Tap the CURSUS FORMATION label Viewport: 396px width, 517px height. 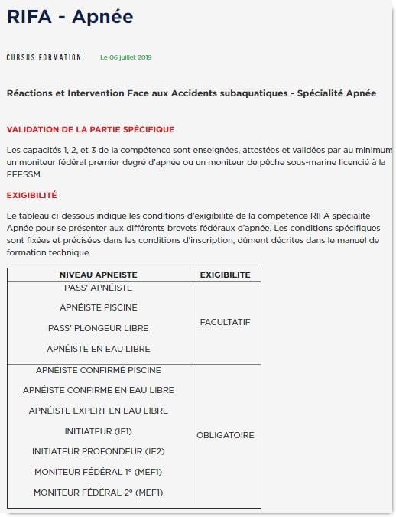coord(44,57)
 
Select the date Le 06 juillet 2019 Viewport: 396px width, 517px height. coord(126,57)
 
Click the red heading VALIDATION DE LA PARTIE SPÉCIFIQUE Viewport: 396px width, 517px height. coord(90,129)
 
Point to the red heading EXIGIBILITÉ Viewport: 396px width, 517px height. coord(31,195)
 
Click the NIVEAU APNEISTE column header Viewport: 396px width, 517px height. coord(98,275)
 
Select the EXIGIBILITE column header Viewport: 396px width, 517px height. coord(225,275)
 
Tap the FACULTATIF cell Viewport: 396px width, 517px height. coord(225,322)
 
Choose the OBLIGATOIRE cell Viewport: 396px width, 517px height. coord(225,435)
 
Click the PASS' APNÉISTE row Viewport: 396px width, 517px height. coord(98,288)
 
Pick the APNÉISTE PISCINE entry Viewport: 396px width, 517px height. coord(98,307)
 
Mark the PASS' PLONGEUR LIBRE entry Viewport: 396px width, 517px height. coord(98,328)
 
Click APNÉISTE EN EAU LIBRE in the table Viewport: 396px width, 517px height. coord(98,348)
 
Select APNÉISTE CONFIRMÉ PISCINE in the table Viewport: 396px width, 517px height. coord(98,370)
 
